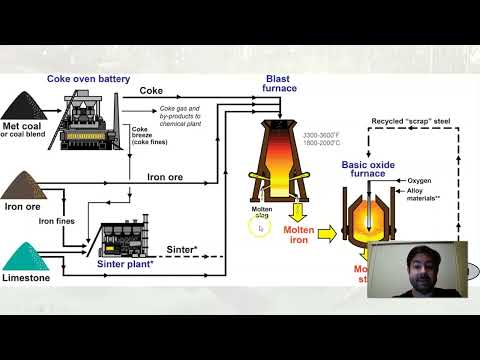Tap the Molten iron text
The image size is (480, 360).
coord(301,234)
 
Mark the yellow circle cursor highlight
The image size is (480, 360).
coord(261,228)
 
